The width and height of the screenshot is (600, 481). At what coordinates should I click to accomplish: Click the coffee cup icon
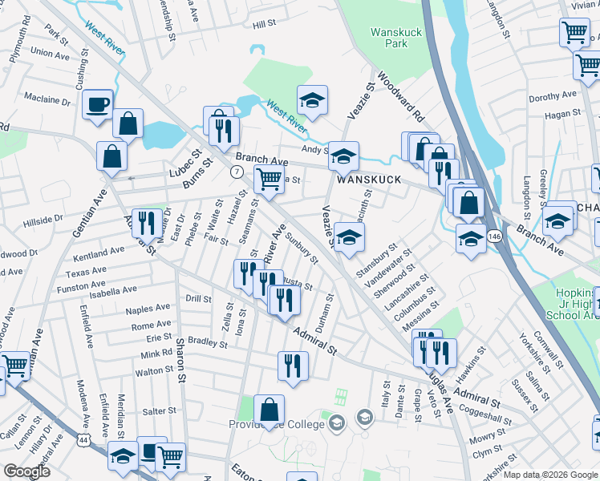[x=97, y=104]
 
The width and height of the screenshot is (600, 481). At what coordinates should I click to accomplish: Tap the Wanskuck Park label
[x=390, y=38]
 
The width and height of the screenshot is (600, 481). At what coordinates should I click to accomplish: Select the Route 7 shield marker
[x=237, y=172]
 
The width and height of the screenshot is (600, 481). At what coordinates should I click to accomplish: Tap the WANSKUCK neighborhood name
[x=368, y=180]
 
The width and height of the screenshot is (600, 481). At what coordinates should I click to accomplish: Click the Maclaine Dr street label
[x=47, y=100]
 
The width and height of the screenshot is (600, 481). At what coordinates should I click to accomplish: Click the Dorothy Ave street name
[x=553, y=96]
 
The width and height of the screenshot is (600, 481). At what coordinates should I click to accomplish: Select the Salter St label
[x=159, y=411]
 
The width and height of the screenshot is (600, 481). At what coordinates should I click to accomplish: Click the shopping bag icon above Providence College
[x=270, y=409]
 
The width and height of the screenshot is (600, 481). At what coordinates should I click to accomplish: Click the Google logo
[x=26, y=471]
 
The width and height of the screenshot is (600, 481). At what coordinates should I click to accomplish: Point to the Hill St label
[x=264, y=25]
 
